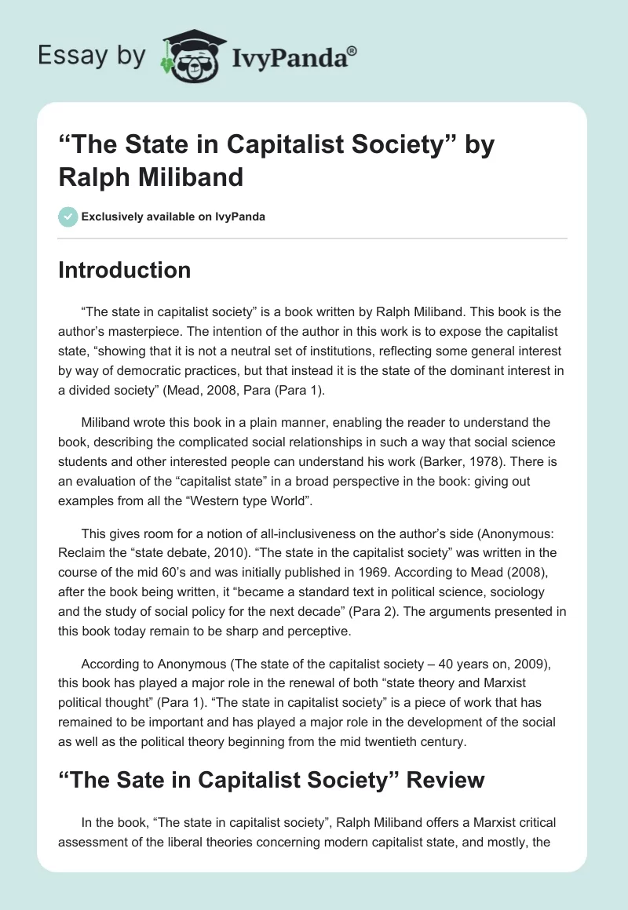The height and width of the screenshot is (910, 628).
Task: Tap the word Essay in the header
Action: point(64,56)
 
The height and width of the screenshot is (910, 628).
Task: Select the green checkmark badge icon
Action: point(68,216)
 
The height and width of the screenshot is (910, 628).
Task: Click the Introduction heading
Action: point(125,270)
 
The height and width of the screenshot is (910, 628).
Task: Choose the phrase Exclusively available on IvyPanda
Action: point(173,217)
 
